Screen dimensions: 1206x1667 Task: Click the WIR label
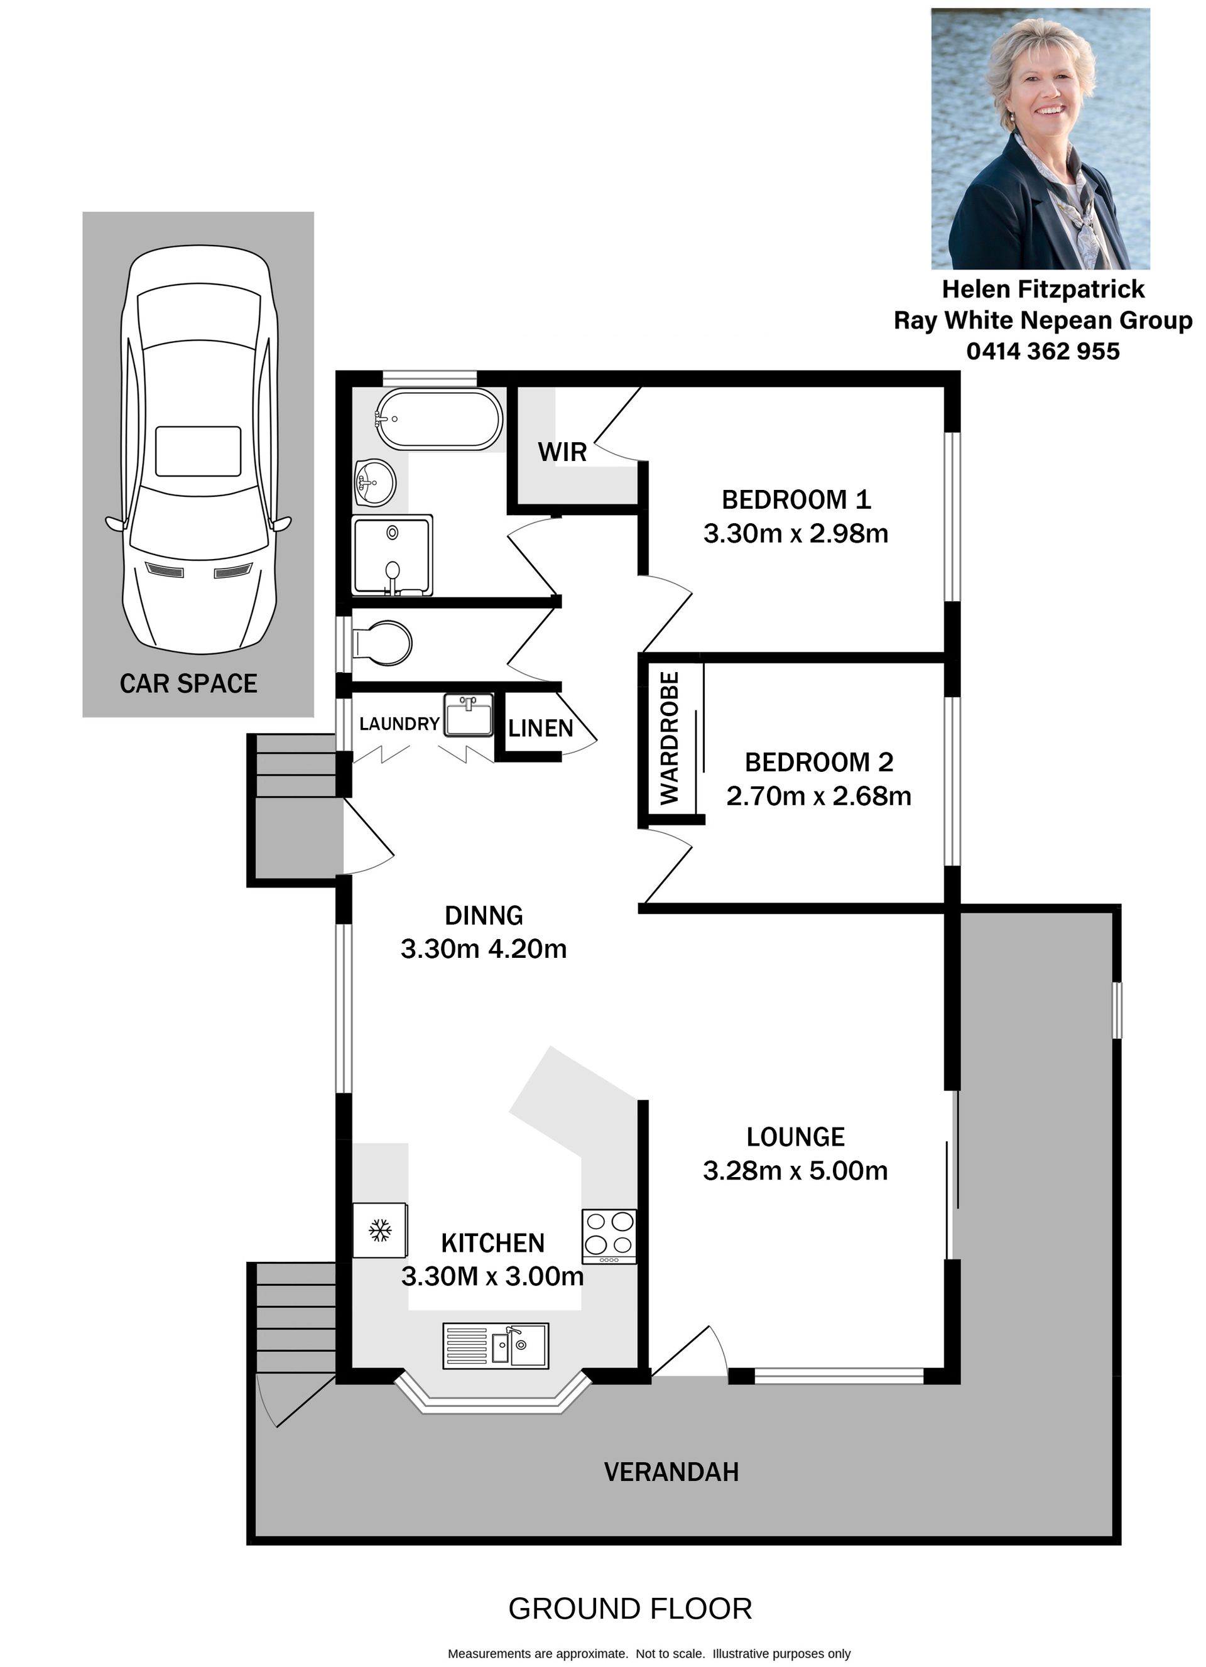[x=562, y=452]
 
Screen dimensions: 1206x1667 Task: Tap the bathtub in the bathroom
[x=440, y=419]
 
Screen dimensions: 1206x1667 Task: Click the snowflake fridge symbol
[x=380, y=1230]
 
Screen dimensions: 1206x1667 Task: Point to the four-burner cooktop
[x=609, y=1236]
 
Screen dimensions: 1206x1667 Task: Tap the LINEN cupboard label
[x=540, y=729]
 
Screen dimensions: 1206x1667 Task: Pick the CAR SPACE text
[x=189, y=683]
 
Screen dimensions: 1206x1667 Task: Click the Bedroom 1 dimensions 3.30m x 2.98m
[x=796, y=534]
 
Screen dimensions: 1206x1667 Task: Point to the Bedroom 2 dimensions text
[x=818, y=796]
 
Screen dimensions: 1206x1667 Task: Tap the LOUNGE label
[x=795, y=1137]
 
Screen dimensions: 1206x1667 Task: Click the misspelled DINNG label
[x=484, y=915]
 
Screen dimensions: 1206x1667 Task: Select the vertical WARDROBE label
[x=670, y=739]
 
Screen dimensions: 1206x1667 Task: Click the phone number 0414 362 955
[x=1043, y=351]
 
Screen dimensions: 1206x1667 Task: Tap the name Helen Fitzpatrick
[x=1043, y=289]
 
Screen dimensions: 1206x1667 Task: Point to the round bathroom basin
[x=375, y=483]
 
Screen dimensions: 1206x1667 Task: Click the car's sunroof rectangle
[x=198, y=451]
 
